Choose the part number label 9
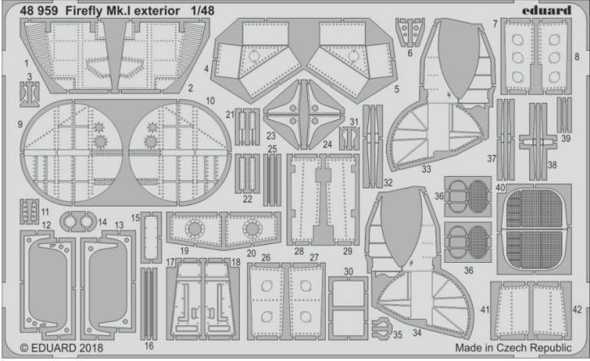[x=19, y=125]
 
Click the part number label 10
[x=210, y=101]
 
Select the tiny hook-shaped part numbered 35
[x=379, y=329]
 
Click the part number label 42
[x=577, y=309]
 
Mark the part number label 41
[x=484, y=309]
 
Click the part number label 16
[x=147, y=346]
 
